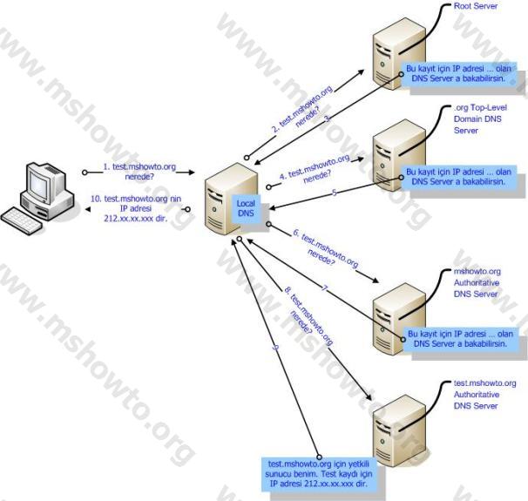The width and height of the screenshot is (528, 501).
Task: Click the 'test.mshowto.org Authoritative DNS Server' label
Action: [485, 394]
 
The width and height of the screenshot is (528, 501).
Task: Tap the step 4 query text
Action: [315, 167]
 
